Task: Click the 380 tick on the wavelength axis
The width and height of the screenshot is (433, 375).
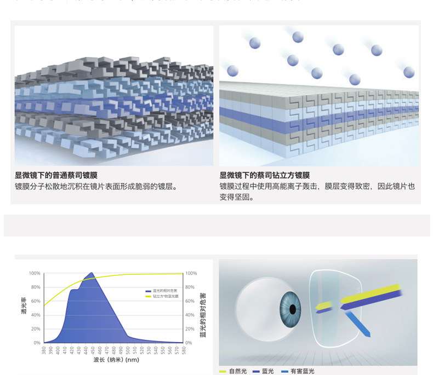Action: pos(44,350)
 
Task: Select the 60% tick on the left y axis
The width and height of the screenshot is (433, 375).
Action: pos(36,301)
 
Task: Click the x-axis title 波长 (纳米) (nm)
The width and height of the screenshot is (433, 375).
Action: pos(112,360)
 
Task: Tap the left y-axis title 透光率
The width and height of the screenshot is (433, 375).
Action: pos(24,308)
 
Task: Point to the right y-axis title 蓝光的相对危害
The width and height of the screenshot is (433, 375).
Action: pos(203,308)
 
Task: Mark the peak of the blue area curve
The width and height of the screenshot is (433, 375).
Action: pos(91,273)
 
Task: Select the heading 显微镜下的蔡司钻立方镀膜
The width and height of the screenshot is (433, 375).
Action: pos(265,175)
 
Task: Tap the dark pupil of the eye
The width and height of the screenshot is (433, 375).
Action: pos(293,309)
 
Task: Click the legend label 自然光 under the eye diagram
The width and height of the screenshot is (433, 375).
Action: pos(238,371)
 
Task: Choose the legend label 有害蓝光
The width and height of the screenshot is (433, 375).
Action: pos(303,371)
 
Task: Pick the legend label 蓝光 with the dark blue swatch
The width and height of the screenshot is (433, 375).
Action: pos(267,371)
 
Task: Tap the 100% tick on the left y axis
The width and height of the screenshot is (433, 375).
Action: pos(35,273)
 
